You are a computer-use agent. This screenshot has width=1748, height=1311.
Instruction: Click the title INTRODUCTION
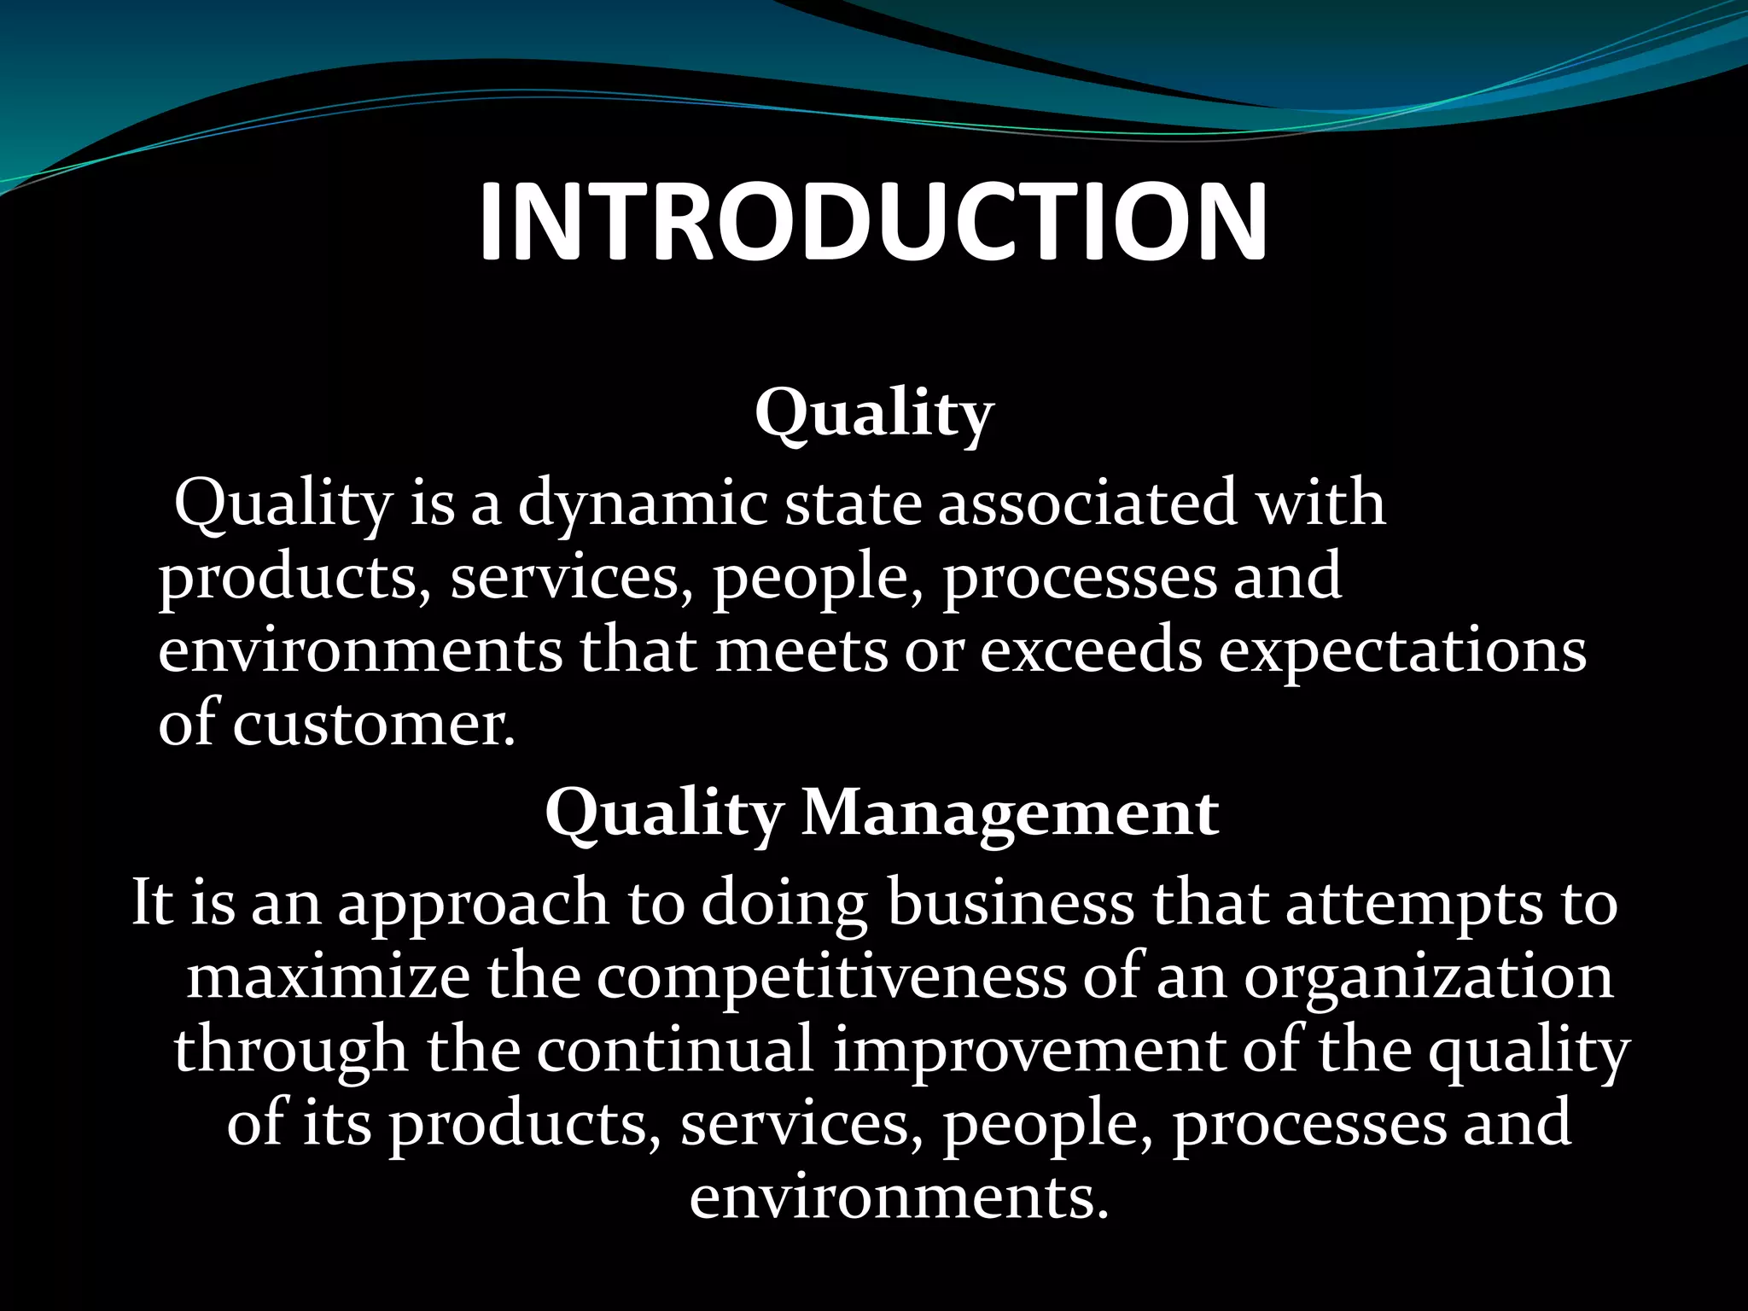coord(872,222)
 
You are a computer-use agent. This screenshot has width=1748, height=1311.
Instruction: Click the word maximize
coord(328,977)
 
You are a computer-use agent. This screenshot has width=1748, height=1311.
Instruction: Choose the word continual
coord(675,1051)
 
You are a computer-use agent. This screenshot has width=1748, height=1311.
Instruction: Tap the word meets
coord(801,651)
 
